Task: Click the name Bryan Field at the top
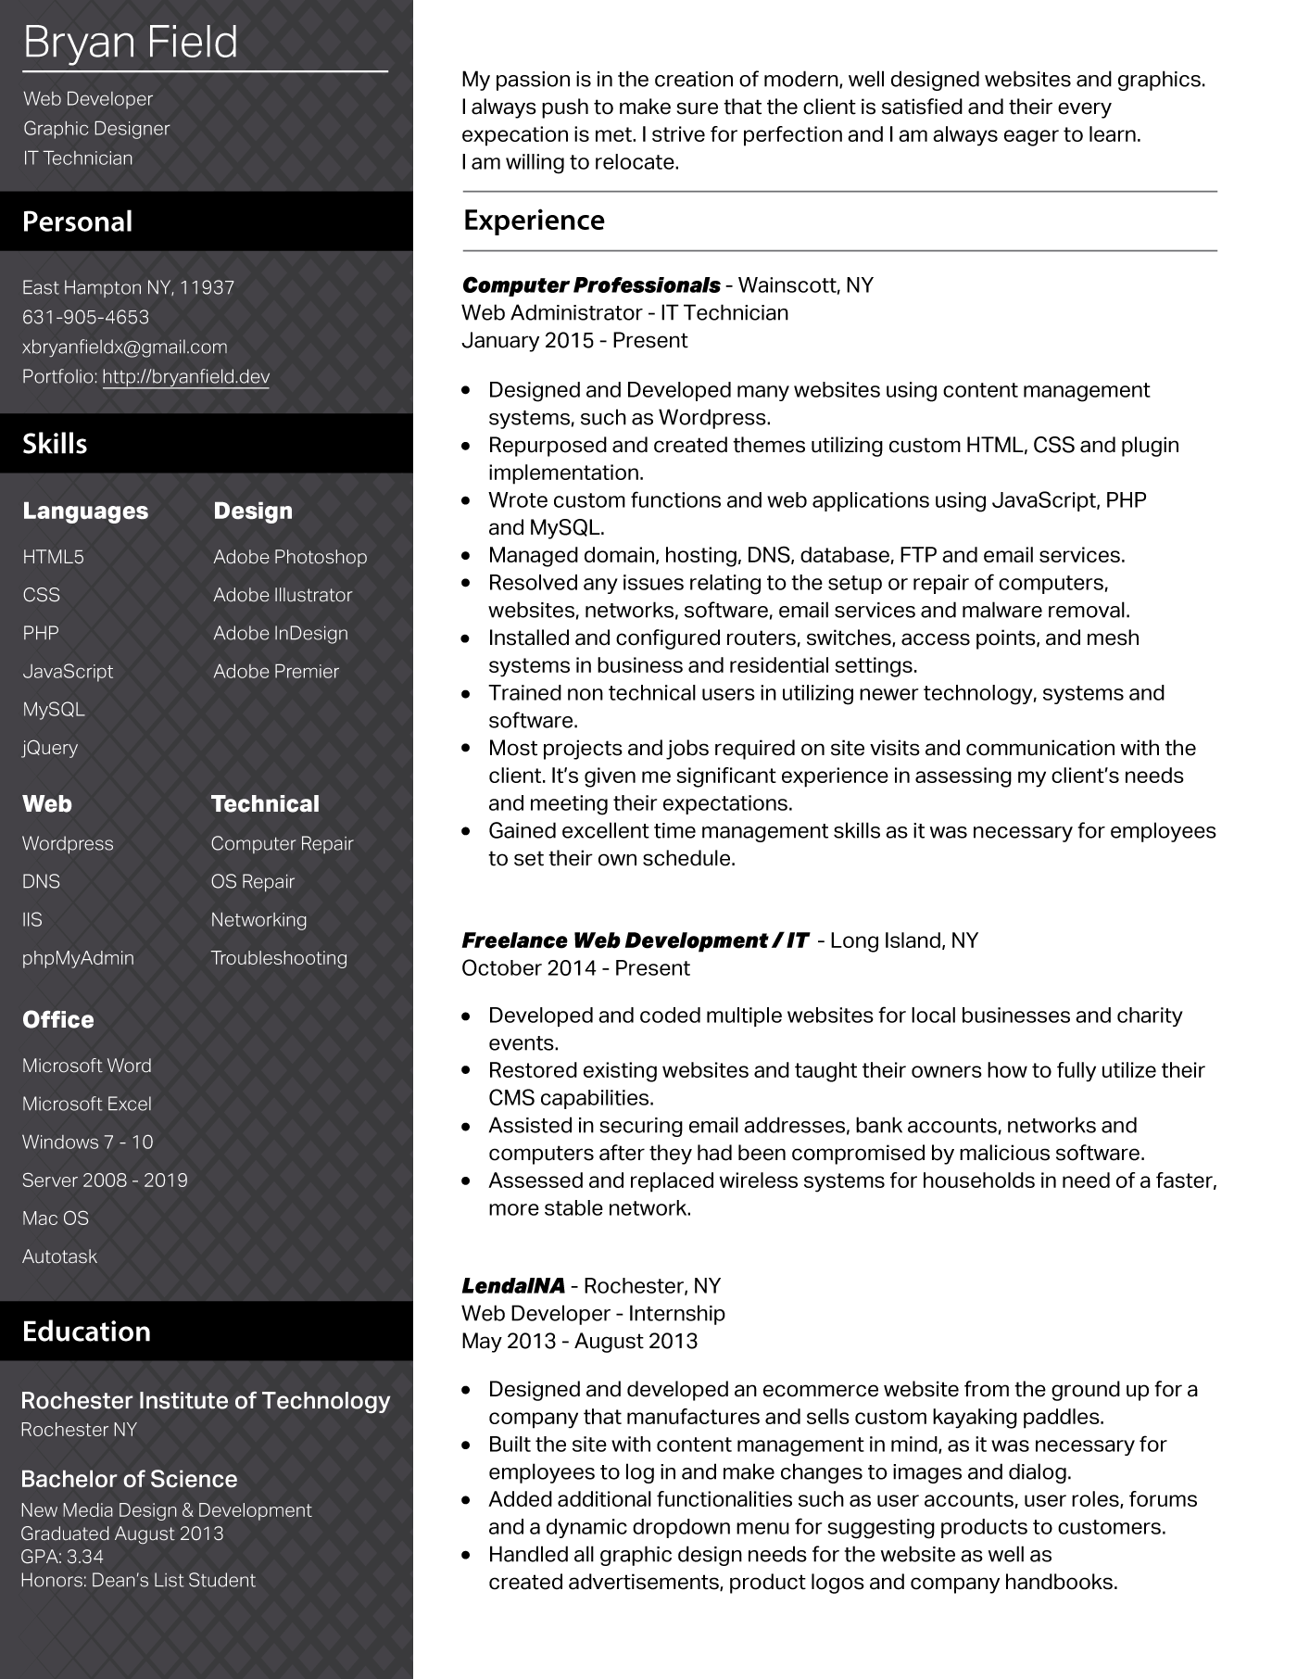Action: pos(131,43)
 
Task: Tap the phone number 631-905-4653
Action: pos(85,317)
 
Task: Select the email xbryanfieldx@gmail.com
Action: pos(125,347)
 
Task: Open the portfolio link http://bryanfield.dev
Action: pos(185,376)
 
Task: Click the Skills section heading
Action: pos(55,443)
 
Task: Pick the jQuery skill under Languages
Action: pos(50,747)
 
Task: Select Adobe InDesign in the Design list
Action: pos(281,633)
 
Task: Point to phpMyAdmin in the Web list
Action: pos(78,957)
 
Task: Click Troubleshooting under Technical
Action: pos(279,957)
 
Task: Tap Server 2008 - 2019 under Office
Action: pos(105,1180)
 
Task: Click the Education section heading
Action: pos(86,1331)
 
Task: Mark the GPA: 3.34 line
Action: pos(62,1556)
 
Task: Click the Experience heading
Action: pos(534,220)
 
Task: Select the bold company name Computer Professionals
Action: pos(591,284)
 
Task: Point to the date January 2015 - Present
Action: pos(574,340)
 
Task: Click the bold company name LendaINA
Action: pos(513,1285)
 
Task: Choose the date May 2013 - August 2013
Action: pos(579,1341)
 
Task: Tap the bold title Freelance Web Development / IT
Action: pos(635,940)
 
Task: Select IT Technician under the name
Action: pos(78,158)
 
